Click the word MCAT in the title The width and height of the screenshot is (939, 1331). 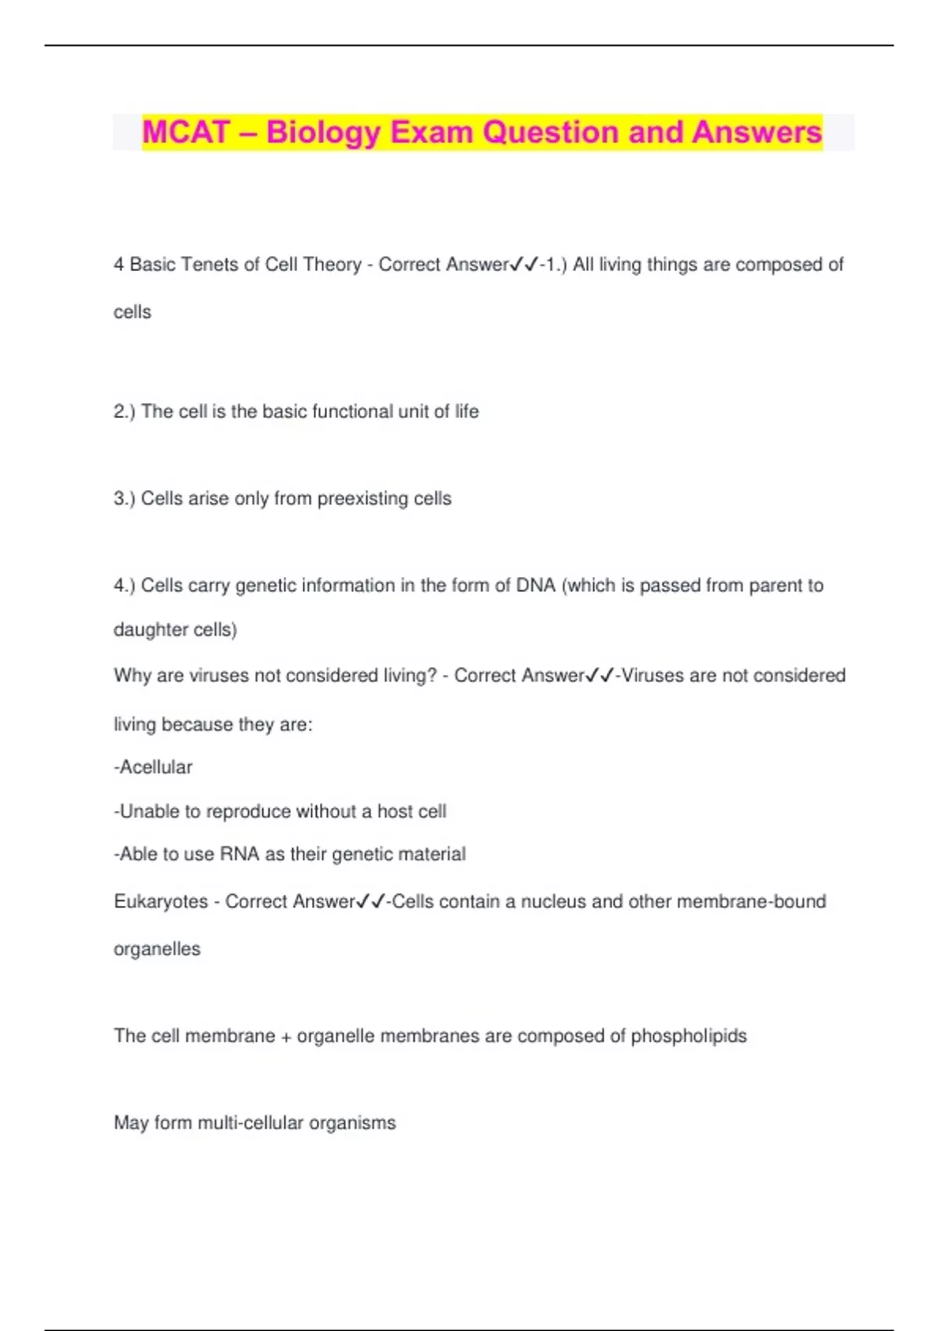coord(186,132)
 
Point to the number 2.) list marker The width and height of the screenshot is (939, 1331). coord(124,412)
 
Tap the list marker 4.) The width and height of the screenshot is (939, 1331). coord(124,586)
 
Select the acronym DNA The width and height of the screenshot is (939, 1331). coord(536,586)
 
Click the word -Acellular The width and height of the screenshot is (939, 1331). coord(153,767)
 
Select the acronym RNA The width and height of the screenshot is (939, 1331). coord(239,854)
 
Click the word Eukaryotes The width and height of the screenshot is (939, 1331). coord(161,902)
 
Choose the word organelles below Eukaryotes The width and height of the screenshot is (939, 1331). coord(157,950)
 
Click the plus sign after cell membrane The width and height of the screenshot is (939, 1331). coord(286,1037)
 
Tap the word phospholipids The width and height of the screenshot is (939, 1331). coord(689,1037)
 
